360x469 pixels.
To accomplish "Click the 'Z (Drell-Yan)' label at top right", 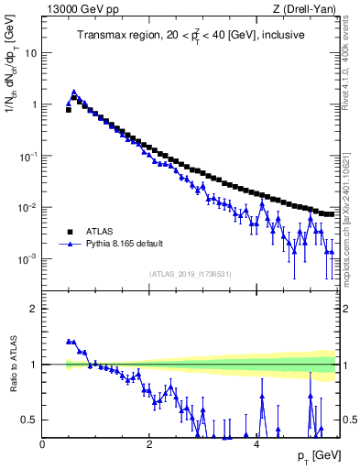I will pos(310,9).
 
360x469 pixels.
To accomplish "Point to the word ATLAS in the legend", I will pos(98,232).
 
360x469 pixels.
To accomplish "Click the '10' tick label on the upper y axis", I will pos(32,53).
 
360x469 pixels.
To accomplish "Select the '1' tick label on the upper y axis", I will pos(35,104).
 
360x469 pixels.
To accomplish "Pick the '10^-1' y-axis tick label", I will pos(29,156).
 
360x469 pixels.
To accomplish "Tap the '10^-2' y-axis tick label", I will pos(29,208).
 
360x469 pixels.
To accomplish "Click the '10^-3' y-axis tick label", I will pos(29,259).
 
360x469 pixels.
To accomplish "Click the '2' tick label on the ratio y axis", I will pos(35,309).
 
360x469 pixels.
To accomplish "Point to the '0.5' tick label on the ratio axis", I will pos(31,420).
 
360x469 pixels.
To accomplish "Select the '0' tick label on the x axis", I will pos(42,442).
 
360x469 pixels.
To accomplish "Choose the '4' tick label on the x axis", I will pos(256,442).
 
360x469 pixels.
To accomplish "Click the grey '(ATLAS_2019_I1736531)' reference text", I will pos(191,274).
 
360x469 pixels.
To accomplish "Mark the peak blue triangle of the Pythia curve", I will pos(74,92).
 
